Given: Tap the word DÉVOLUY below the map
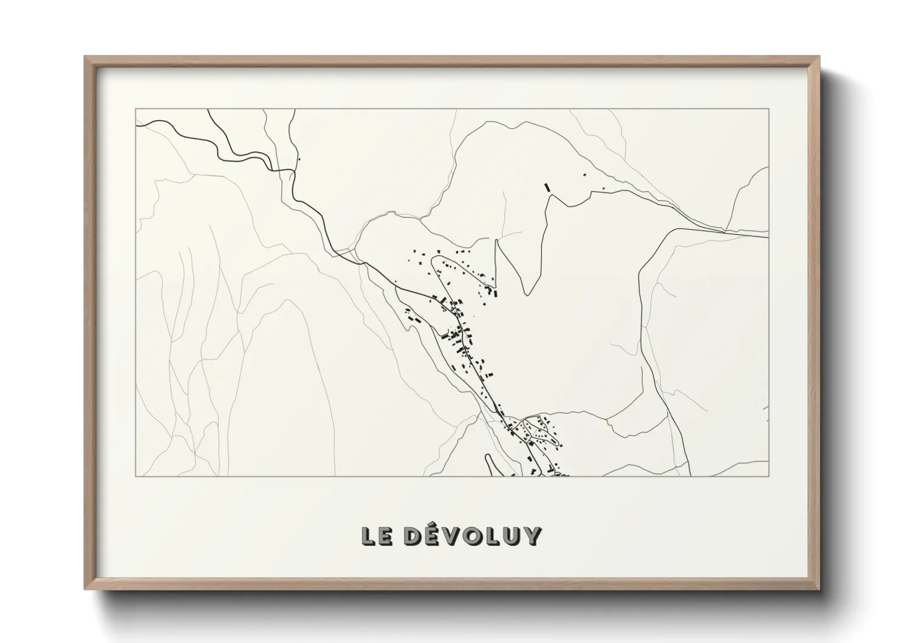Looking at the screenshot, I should click(x=471, y=536).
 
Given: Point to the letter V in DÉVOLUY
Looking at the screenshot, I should click(x=453, y=536).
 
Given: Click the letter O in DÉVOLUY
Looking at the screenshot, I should click(x=474, y=536).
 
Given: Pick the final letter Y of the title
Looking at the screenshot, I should click(x=532, y=536).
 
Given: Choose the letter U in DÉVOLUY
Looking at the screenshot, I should click(x=512, y=536).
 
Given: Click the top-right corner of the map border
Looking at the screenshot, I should click(x=768, y=109).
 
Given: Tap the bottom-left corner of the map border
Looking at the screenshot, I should click(x=135, y=476).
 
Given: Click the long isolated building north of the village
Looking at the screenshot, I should click(x=547, y=187).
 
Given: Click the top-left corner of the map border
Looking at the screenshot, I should click(x=135, y=109).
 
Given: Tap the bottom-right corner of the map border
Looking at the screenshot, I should click(x=768, y=476).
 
